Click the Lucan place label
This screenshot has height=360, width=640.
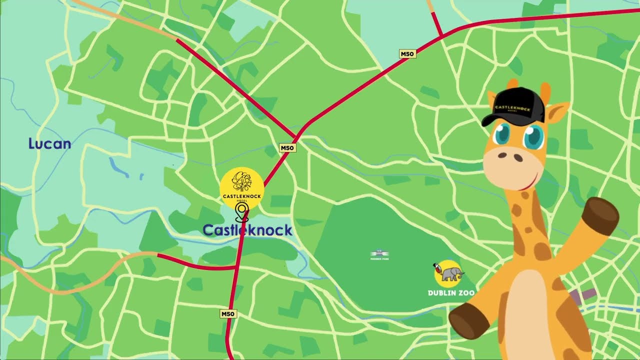[49, 144]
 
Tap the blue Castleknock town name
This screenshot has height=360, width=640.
[247, 230]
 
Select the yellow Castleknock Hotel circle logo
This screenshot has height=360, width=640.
[242, 188]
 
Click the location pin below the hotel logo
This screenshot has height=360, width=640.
[242, 212]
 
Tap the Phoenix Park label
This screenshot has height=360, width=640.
[379, 255]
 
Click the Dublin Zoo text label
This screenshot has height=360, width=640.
[451, 292]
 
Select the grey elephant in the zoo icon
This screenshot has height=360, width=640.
[453, 273]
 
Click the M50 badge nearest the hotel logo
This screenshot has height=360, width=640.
[287, 147]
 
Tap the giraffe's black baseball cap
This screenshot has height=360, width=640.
[515, 106]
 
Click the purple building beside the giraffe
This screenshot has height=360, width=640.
[583, 295]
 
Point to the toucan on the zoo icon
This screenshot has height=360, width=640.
[438, 269]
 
